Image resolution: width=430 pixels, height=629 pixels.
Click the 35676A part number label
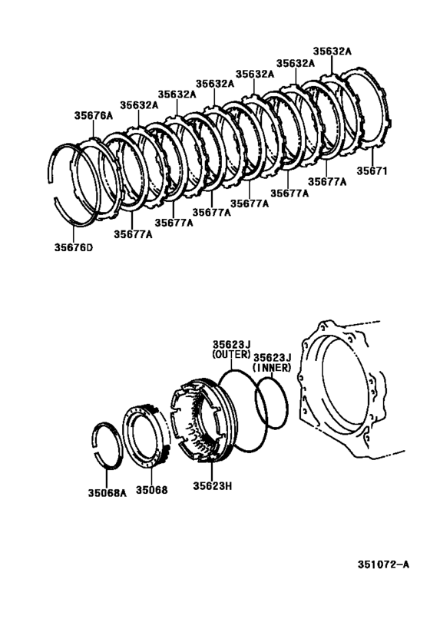(x=93, y=115)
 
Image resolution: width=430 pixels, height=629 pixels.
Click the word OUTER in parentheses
(x=232, y=355)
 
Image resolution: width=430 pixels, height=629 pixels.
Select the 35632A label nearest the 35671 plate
(x=332, y=51)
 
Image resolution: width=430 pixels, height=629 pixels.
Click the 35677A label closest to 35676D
(x=133, y=234)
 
